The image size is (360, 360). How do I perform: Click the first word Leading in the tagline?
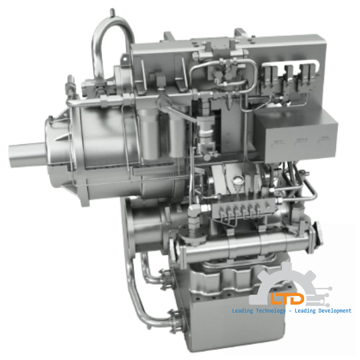coord(242,311)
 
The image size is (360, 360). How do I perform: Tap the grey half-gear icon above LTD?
coord(287,277)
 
